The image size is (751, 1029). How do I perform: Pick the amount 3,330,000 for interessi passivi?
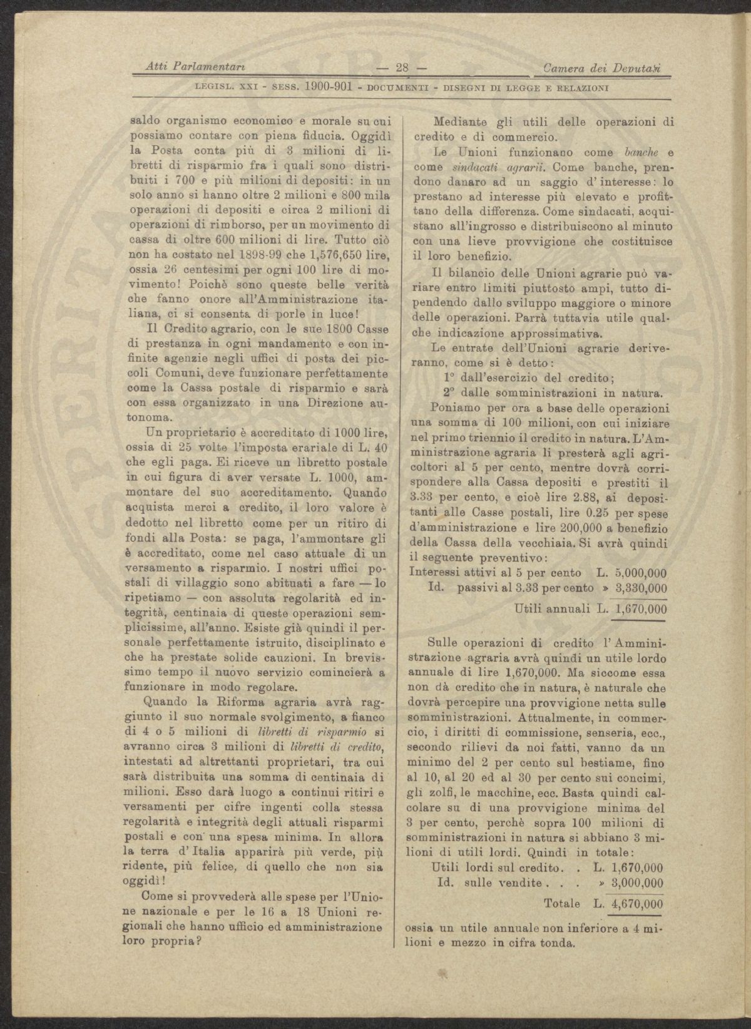tap(641, 588)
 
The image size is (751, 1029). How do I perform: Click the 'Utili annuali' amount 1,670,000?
tap(641, 608)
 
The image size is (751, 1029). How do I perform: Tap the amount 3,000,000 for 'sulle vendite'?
tap(639, 883)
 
